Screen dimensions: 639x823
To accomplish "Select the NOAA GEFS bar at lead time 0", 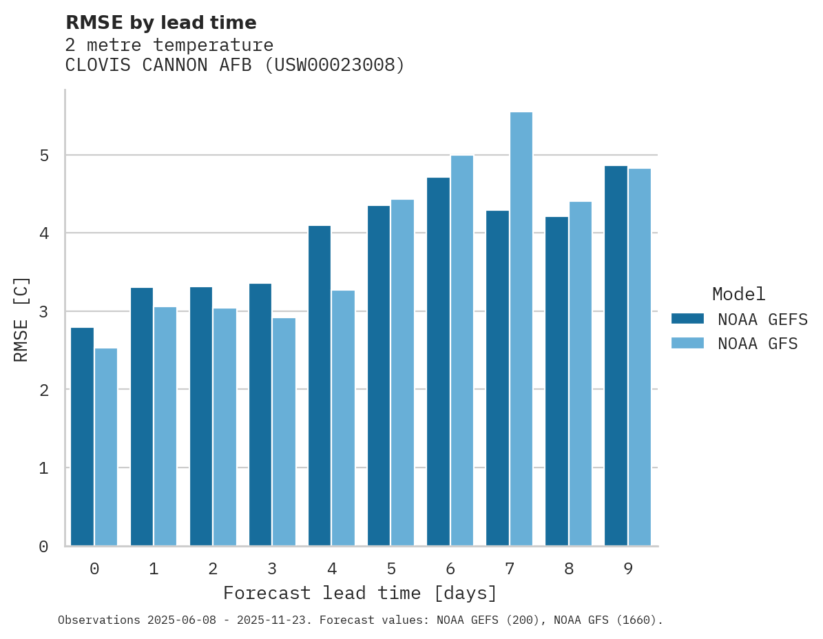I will [83, 437].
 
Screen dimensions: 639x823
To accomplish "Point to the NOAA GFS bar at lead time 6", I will [461, 350].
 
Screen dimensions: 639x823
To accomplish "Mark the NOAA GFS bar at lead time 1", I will [165, 426].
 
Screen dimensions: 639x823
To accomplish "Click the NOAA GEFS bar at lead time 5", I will [379, 375].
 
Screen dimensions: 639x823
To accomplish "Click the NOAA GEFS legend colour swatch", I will [687, 319].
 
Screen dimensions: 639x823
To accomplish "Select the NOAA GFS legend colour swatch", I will [687, 343].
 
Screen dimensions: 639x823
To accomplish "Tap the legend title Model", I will [738, 294].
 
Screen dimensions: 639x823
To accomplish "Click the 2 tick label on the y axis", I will [44, 390].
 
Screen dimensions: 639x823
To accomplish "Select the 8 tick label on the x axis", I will [569, 569].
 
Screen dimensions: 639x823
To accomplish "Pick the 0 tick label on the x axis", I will [94, 569].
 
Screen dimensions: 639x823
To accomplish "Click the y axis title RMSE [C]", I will [22, 319].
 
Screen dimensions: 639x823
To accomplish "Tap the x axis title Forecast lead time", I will [360, 593].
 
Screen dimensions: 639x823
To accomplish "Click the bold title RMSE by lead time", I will [160, 23].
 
